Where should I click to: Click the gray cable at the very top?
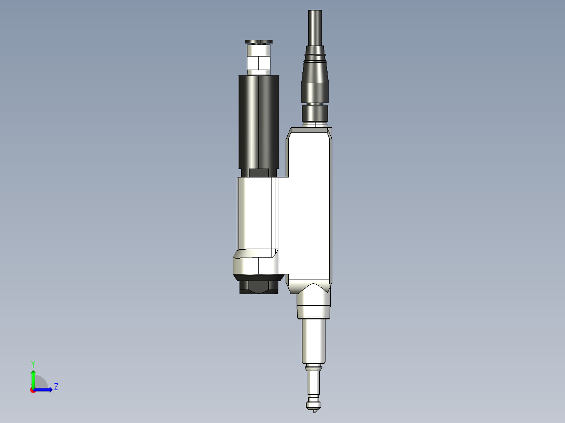coord(315,26)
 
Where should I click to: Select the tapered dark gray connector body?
coord(314,79)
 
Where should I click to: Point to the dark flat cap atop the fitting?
coord(259,41)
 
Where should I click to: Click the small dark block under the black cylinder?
coord(258,173)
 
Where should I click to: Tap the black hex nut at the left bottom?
coord(258,286)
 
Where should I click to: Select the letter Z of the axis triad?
coord(56,387)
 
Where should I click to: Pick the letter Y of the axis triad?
coord(32,363)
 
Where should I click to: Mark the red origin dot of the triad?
coord(32,390)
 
